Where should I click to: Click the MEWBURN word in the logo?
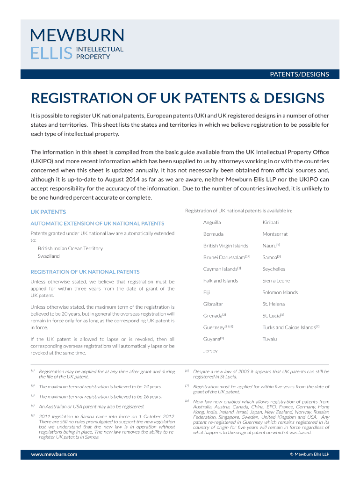pyautogui.click(x=77, y=36)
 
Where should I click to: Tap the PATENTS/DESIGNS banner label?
pyautogui.click(x=300, y=74)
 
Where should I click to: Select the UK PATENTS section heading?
pyautogui.click(x=48, y=212)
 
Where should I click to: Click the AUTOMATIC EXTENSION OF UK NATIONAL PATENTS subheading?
pyautogui.click(x=97, y=224)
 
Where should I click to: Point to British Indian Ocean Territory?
pyautogui.click(x=70, y=248)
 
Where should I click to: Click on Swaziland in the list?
pyautogui.click(x=49, y=256)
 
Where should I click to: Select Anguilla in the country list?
pyautogui.click(x=212, y=222)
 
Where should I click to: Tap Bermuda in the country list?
pyautogui.click(x=213, y=234)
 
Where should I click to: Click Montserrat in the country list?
pyautogui.click(x=275, y=234)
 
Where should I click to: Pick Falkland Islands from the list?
pyautogui.click(x=221, y=281)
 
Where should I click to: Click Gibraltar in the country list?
pyautogui.click(x=213, y=304)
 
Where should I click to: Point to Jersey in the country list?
pyautogui.click(x=210, y=351)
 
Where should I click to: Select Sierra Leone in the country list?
pyautogui.click(x=276, y=281)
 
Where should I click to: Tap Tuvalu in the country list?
pyautogui.click(x=270, y=339)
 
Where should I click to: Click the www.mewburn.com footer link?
pyautogui.click(x=54, y=454)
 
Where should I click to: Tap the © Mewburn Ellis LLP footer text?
pyautogui.click(x=310, y=454)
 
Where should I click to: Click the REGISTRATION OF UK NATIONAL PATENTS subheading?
pyautogui.click(x=85, y=272)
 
